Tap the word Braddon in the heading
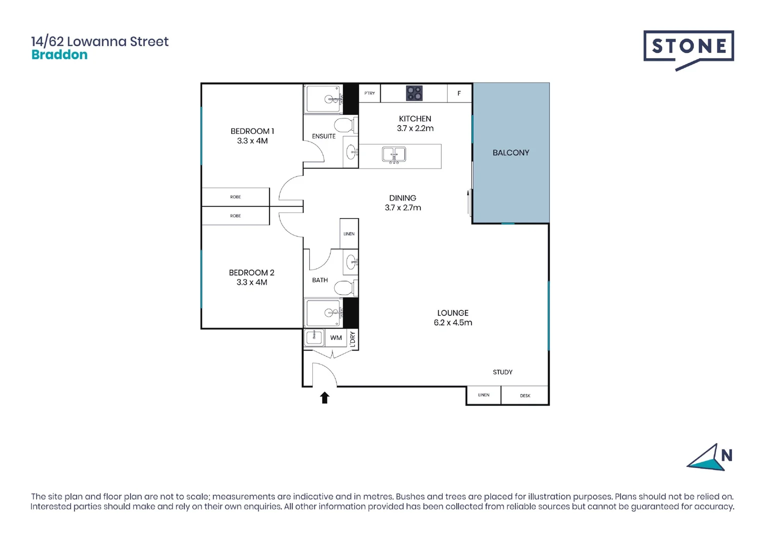click(60, 55)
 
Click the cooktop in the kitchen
click(414, 93)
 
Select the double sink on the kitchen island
click(394, 154)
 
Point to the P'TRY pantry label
click(370, 93)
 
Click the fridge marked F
click(459, 93)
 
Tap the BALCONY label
click(511, 152)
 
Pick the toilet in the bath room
click(344, 287)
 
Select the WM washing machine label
click(336, 338)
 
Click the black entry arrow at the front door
click(325, 397)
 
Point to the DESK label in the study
click(525, 395)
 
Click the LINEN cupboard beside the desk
click(483, 395)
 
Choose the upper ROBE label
click(236, 197)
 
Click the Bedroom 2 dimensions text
click(252, 282)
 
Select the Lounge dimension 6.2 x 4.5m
click(453, 322)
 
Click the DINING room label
click(403, 198)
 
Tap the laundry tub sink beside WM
click(314, 337)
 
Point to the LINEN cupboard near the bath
click(349, 234)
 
